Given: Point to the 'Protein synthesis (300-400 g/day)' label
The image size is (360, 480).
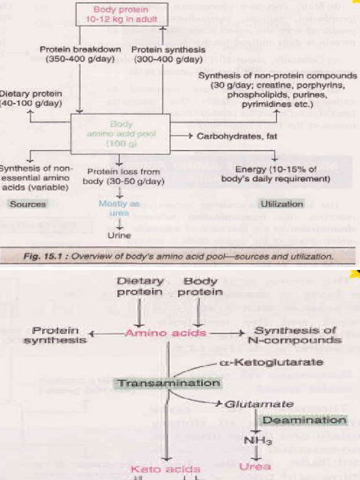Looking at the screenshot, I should click(x=168, y=54).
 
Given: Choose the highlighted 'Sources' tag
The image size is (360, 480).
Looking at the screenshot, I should click(x=28, y=204).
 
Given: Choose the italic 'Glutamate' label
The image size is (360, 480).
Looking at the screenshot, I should click(x=259, y=404).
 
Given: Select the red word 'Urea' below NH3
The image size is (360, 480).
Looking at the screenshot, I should click(x=255, y=466).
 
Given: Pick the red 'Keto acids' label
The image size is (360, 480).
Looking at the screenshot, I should click(x=165, y=469).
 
